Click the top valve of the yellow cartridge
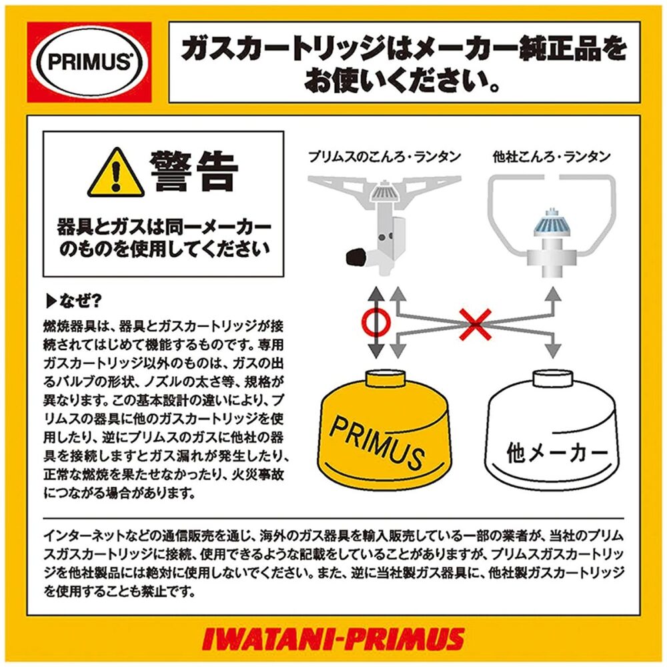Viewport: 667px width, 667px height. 389,379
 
